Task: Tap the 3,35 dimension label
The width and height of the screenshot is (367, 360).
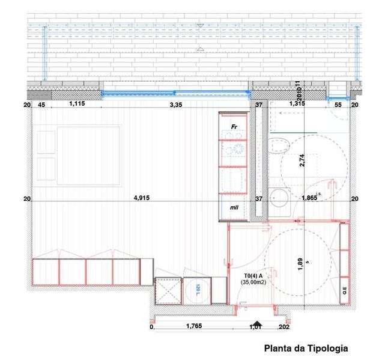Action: tap(176, 105)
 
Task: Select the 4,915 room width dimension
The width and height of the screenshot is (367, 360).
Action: tap(141, 198)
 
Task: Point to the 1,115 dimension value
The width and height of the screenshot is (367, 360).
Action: tap(77, 105)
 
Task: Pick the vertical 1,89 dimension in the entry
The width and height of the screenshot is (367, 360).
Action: tap(301, 265)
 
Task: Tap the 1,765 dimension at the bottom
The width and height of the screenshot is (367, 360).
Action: tap(193, 327)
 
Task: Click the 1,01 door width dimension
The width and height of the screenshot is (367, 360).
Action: tap(256, 327)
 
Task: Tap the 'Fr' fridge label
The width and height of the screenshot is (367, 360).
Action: tap(235, 127)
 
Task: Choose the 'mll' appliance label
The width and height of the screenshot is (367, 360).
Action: tap(234, 207)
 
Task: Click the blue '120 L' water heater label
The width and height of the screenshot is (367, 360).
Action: tap(196, 289)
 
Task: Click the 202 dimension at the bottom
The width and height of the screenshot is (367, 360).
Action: tap(284, 327)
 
